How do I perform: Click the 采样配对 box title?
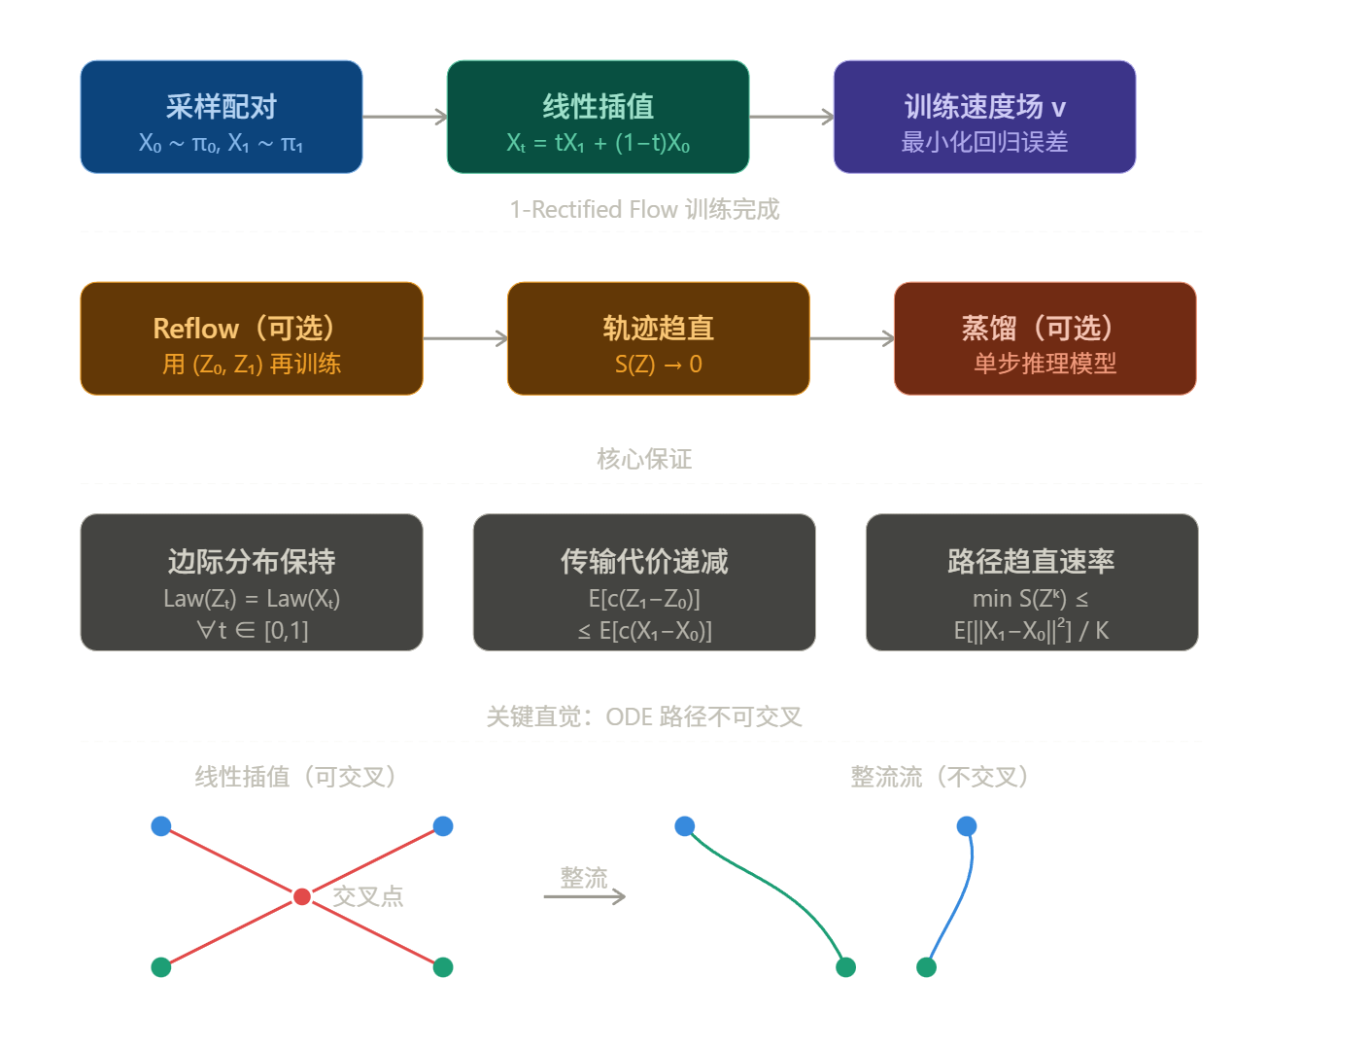point(221,106)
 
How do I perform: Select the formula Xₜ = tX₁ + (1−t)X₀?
point(598,143)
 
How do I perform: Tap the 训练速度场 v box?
point(984,117)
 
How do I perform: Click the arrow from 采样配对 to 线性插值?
point(404,117)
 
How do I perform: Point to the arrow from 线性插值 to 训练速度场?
point(791,117)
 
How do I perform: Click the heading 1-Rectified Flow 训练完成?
point(644,209)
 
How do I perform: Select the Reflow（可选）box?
point(251,338)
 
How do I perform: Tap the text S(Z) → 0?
point(658,365)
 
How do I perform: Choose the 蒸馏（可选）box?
point(1045,338)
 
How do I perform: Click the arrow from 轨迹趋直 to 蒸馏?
point(851,338)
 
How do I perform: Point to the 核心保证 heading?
point(644,459)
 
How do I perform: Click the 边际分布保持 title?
point(251,561)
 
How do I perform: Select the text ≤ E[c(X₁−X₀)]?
point(644,631)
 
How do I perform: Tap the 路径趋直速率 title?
point(1031,561)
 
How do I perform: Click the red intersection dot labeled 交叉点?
point(302,896)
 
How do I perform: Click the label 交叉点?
point(367,896)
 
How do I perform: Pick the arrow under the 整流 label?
point(584,896)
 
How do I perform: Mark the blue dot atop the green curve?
point(685,826)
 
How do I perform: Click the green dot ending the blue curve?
point(926,967)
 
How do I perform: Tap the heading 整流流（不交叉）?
point(939,777)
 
